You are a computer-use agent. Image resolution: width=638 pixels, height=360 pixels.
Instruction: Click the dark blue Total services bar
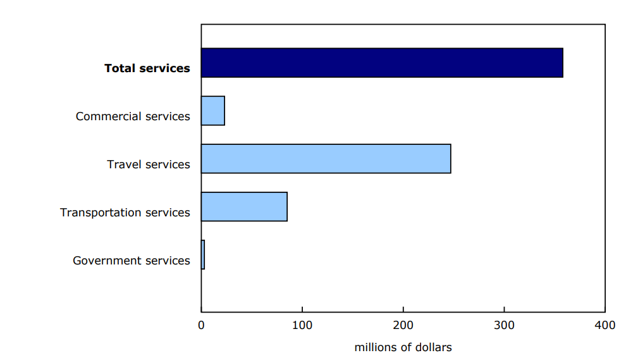[382, 63]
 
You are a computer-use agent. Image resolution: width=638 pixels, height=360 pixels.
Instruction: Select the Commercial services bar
[213, 111]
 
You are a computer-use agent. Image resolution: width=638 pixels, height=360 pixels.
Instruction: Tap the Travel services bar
[326, 159]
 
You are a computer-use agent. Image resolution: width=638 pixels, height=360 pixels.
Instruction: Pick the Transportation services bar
[244, 207]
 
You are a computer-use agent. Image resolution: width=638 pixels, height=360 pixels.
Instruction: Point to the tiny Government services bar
[203, 255]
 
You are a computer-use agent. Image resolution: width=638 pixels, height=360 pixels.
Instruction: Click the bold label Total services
[147, 68]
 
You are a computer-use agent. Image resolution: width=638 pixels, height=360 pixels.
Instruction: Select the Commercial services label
[133, 116]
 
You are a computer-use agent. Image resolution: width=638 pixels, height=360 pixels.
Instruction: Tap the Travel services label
[149, 164]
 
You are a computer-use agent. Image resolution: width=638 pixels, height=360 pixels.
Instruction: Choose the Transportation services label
[125, 213]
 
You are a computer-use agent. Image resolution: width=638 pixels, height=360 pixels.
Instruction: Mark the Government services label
[132, 261]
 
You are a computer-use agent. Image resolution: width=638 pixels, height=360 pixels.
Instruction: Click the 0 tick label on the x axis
[201, 326]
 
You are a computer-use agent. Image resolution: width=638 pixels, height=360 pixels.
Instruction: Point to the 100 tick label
[302, 326]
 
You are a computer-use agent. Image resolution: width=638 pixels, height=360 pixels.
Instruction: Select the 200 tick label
[403, 326]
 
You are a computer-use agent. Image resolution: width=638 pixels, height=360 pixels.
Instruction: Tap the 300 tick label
[504, 326]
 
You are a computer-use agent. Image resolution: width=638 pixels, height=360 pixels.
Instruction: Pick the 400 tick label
[605, 326]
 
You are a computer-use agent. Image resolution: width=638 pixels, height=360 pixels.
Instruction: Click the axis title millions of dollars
[403, 347]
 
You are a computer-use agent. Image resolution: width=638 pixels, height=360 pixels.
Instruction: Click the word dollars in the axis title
[433, 347]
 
